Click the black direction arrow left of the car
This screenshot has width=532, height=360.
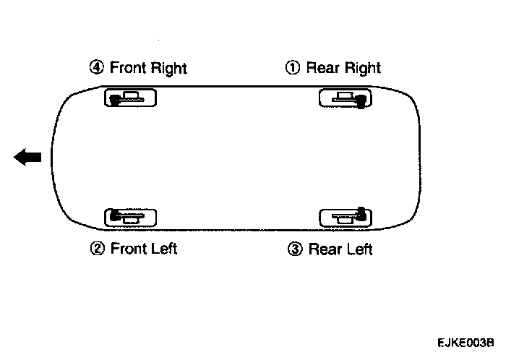pos(28,157)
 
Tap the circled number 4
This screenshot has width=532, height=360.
pos(96,68)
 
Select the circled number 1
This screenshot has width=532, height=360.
pos(293,68)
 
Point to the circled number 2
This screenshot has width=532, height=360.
pos(96,249)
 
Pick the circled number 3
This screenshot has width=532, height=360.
pos(294,249)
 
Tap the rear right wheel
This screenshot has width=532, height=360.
pos(346,98)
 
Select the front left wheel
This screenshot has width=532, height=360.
pos(131,216)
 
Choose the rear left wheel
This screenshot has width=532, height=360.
pos(346,215)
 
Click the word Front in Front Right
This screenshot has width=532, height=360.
pos(129,68)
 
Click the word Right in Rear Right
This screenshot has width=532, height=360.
pos(362,68)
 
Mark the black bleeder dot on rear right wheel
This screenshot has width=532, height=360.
pos(360,103)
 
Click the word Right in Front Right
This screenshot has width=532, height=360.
pos(169,68)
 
